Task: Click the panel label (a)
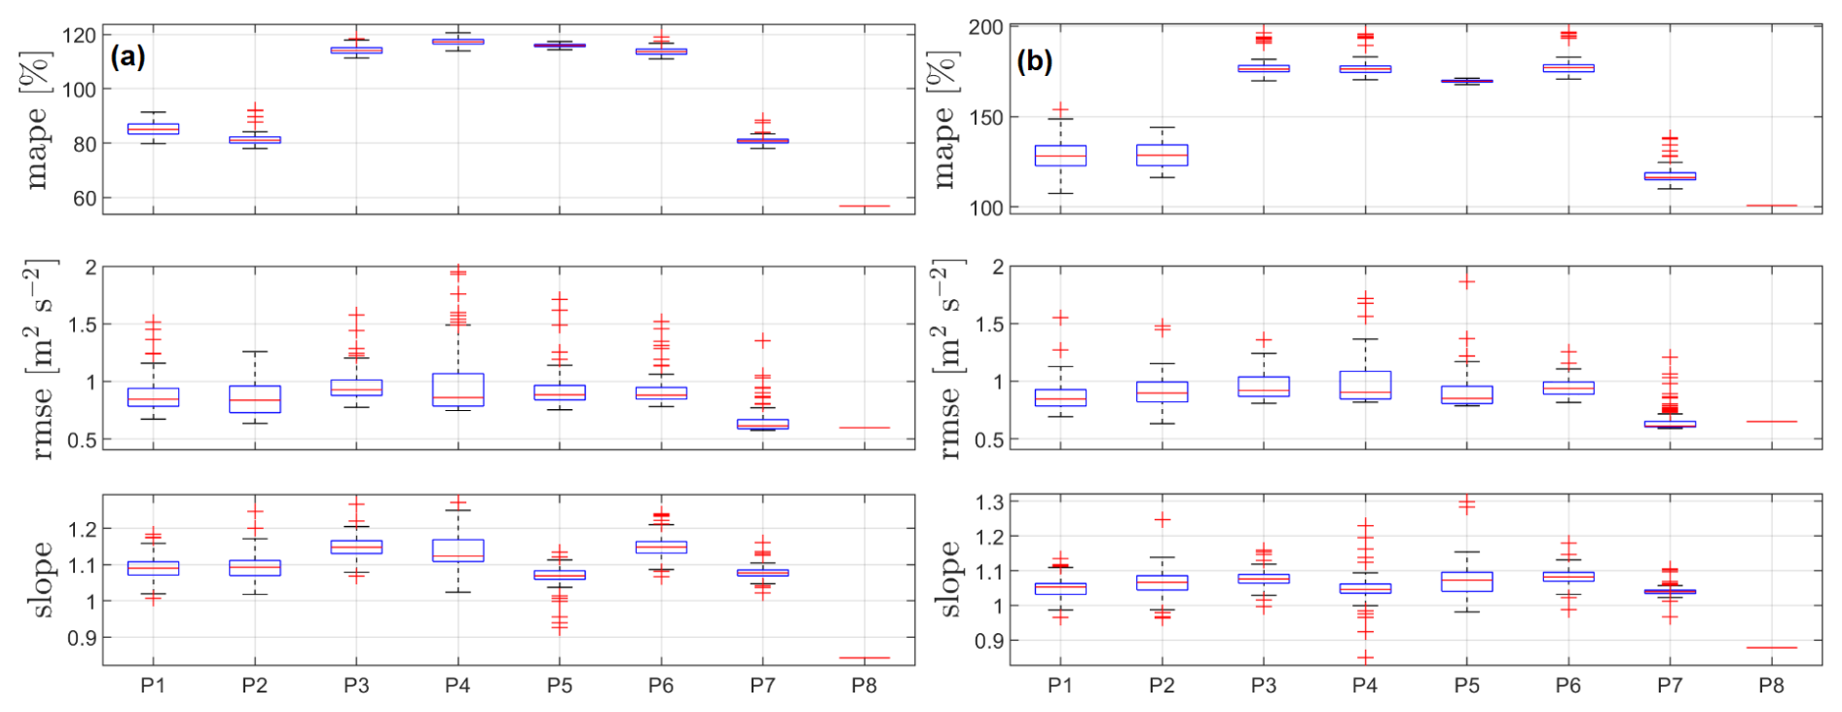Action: pyautogui.click(x=128, y=57)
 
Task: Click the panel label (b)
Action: pyautogui.click(x=1034, y=61)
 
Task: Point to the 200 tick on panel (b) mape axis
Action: pyautogui.click(x=985, y=27)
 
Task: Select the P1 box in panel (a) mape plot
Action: pyautogui.click(x=153, y=129)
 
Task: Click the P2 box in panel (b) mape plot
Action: pyautogui.click(x=1161, y=155)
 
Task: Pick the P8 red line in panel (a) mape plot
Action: pyautogui.click(x=865, y=206)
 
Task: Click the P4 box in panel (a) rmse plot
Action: pyautogui.click(x=458, y=390)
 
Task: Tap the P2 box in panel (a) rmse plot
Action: pyautogui.click(x=255, y=399)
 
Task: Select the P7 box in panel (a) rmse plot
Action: pyautogui.click(x=762, y=424)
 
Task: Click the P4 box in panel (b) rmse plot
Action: pyautogui.click(x=1365, y=385)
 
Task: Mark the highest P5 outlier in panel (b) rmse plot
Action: pyautogui.click(x=1466, y=282)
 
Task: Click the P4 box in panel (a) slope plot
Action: pyautogui.click(x=458, y=550)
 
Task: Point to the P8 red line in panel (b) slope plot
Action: pyautogui.click(x=1771, y=648)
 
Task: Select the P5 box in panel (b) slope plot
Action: pyautogui.click(x=1466, y=581)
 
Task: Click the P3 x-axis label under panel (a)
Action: pyautogui.click(x=356, y=686)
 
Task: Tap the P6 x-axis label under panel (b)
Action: pyautogui.click(x=1567, y=686)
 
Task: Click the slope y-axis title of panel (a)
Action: pyautogui.click(x=42, y=580)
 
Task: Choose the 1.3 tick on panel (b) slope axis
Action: pyautogui.click(x=989, y=503)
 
